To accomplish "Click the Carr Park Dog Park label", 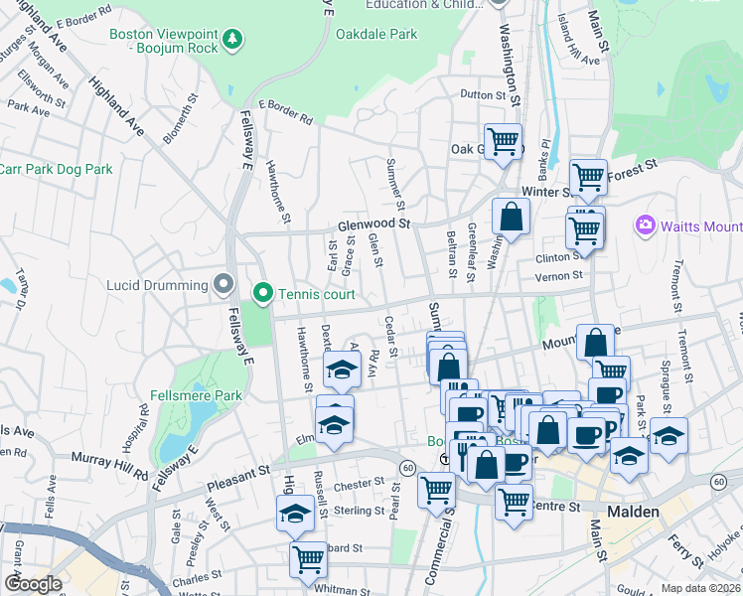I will tap(57, 169).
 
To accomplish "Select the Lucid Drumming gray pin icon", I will tap(223, 285).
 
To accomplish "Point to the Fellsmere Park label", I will tap(196, 395).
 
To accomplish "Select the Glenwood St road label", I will tap(373, 225).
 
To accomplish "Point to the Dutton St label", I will tap(483, 94).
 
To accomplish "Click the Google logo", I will tap(33, 584).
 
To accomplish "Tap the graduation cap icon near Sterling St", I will tap(295, 514).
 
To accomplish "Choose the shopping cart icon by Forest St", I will tap(588, 177).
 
